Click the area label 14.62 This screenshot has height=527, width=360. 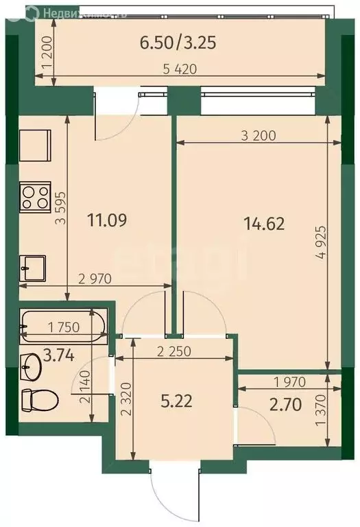coord(264,223)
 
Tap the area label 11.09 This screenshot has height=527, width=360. coord(108,221)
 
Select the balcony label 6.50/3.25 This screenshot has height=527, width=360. coord(178,43)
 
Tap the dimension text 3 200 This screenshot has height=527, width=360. coord(259,135)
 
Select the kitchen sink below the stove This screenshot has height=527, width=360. coord(32,266)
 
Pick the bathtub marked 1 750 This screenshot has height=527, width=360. coord(63,327)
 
